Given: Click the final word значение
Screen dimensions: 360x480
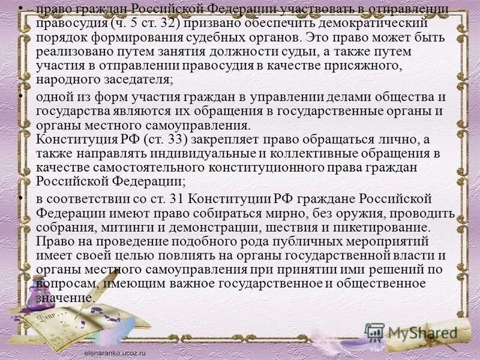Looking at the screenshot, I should pyautogui.click(x=64, y=298).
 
